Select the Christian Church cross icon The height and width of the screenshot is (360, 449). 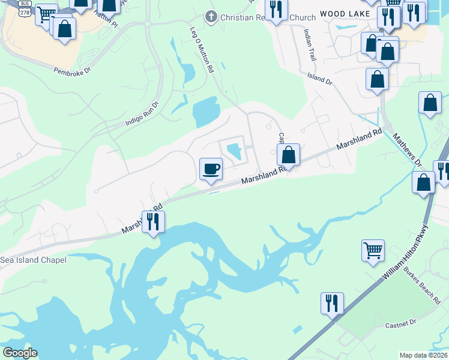[x=211, y=17]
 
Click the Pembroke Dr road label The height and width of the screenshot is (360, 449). [x=71, y=70]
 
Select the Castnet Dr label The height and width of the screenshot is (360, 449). [x=400, y=323]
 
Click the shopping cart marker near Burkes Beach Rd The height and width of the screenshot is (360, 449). [x=373, y=250]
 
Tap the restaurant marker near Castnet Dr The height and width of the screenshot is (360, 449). [x=332, y=303]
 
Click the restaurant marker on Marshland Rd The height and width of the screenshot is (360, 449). [x=153, y=222]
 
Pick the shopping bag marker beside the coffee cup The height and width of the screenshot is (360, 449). [x=289, y=155]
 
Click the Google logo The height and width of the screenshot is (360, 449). [x=20, y=353]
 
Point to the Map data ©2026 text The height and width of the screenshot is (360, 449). [x=423, y=355]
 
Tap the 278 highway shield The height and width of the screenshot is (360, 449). [x=25, y=11]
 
